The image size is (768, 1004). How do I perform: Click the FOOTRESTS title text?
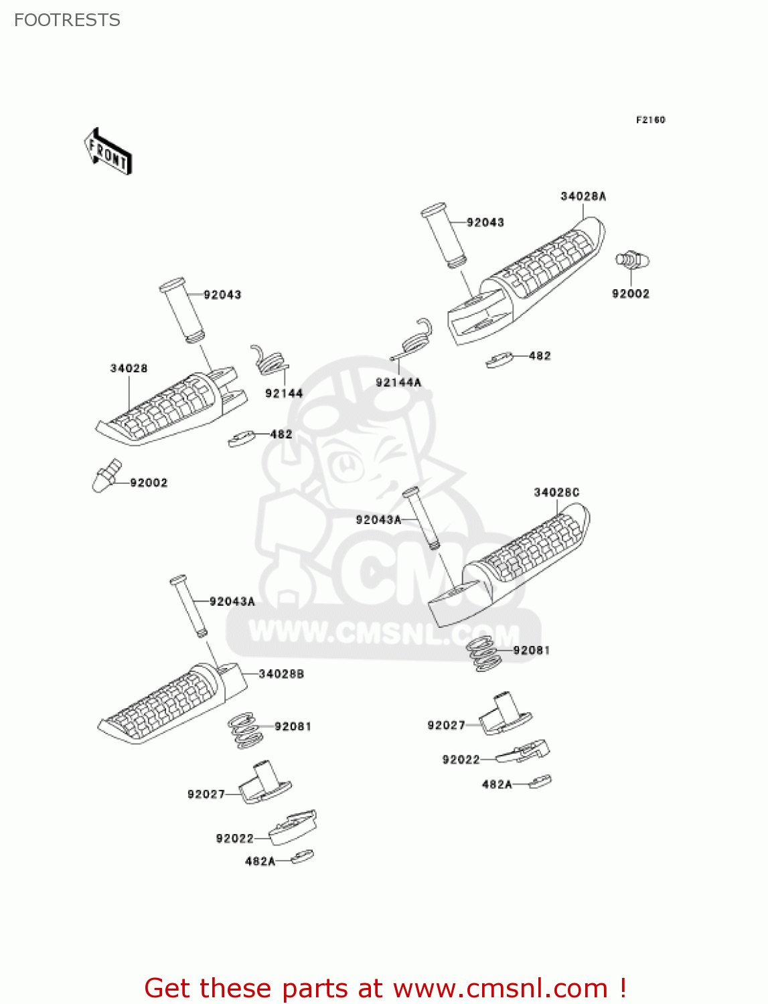(x=67, y=20)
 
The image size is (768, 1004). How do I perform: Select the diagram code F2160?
(x=650, y=120)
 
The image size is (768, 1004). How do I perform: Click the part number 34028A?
(x=583, y=196)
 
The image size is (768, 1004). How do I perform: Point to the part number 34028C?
(x=556, y=493)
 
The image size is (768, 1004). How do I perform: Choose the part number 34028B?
(x=281, y=674)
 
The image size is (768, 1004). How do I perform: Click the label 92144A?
(x=398, y=382)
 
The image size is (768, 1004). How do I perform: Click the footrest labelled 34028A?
(x=529, y=281)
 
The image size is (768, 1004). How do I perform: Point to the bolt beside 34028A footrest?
(x=631, y=260)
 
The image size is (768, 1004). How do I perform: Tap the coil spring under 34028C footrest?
(x=484, y=654)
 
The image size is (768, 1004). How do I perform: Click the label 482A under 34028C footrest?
(x=497, y=784)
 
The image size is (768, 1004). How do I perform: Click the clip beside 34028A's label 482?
(x=500, y=360)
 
